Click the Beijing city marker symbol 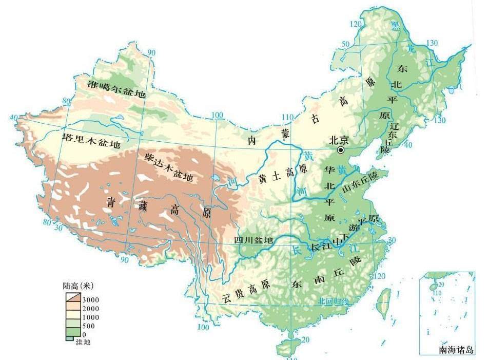click(340, 149)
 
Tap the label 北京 click(339, 139)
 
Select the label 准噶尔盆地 click(116, 89)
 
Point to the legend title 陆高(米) click(76, 286)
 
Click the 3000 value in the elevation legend click(90, 299)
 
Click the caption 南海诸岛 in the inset click(456, 350)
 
